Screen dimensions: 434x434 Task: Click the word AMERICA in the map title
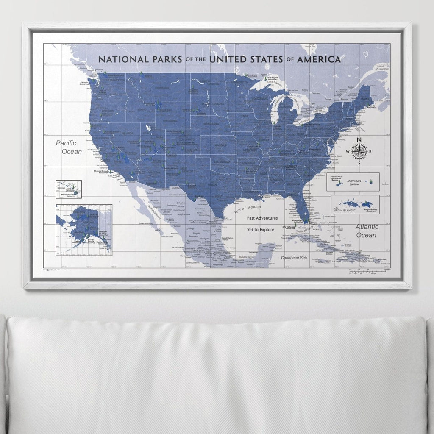pyautogui.click(x=319, y=59)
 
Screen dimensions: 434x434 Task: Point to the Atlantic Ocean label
pyautogui.click(x=367, y=231)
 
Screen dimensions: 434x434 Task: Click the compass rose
pyautogui.click(x=359, y=151)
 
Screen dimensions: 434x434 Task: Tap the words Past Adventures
pyautogui.click(x=262, y=218)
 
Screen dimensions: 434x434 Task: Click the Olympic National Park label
pyautogui.click(x=85, y=83)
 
